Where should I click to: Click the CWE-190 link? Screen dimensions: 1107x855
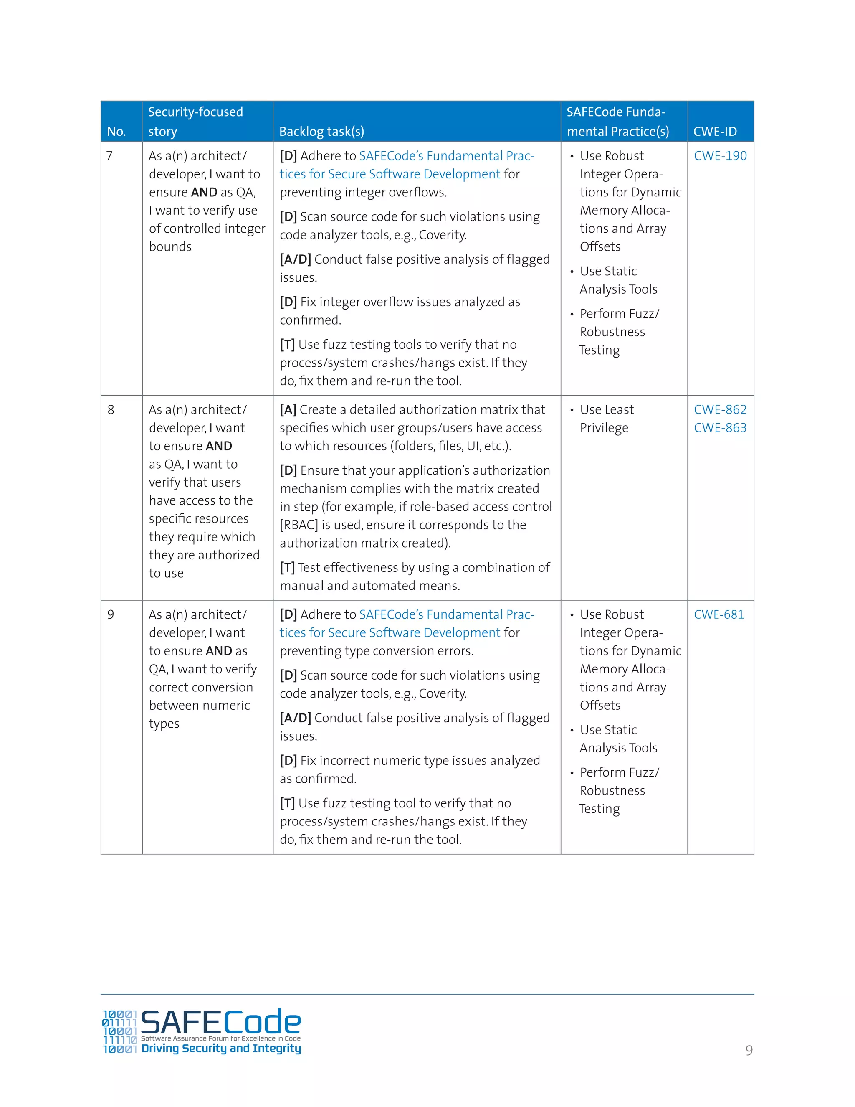720,156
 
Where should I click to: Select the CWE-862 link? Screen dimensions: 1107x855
720,409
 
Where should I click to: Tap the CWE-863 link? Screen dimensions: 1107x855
720,428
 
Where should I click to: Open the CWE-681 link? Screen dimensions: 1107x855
718,614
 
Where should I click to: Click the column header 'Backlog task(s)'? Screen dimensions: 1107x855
321,131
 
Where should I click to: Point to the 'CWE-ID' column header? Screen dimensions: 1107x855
715,131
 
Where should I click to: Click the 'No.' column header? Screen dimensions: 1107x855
116,131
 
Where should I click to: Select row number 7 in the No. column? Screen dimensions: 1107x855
109,156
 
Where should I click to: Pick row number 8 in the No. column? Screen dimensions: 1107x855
110,409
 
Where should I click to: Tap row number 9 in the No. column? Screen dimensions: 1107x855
110,614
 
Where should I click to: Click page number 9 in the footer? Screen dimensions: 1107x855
749,1050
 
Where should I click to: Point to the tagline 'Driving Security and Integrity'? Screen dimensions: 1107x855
221,1048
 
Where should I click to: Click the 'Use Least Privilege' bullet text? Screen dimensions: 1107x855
606,419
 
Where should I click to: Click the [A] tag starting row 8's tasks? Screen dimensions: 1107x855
288,409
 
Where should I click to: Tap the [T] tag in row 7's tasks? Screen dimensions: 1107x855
287,345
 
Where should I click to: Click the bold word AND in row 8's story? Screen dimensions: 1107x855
219,446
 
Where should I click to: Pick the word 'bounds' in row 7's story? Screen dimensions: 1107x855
170,247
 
